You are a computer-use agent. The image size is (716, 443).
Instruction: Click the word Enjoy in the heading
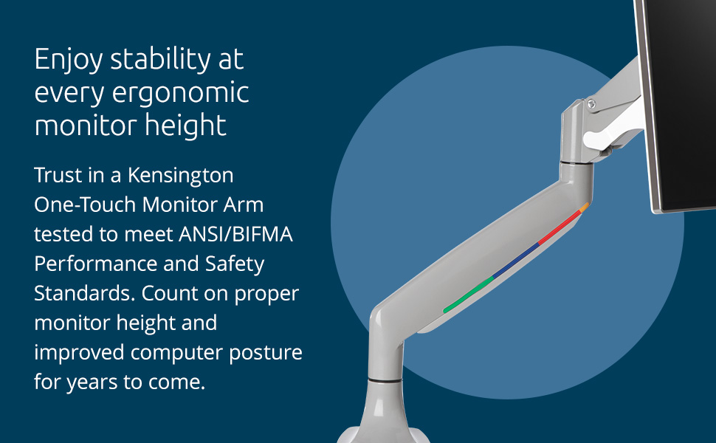(68, 60)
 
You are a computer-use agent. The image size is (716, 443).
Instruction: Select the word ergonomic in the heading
(180, 94)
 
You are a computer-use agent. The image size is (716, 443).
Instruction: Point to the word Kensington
(180, 176)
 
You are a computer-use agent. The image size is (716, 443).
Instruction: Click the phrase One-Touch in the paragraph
(85, 205)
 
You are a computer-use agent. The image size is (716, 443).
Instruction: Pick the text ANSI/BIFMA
(235, 234)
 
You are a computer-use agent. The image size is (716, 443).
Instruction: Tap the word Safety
(234, 265)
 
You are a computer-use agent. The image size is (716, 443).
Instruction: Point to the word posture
(265, 354)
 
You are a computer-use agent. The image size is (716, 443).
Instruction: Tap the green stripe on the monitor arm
(469, 294)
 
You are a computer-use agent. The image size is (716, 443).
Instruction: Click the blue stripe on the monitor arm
(516, 261)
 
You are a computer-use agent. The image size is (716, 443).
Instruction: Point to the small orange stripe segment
(585, 207)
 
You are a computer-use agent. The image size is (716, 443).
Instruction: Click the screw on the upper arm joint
(591, 105)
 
